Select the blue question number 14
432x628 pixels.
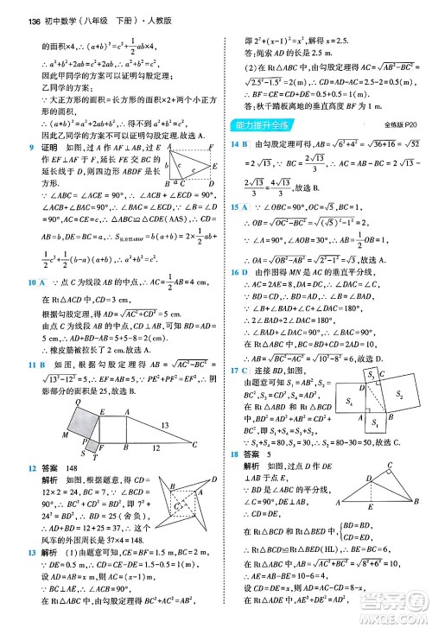pyautogui.click(x=236, y=143)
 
